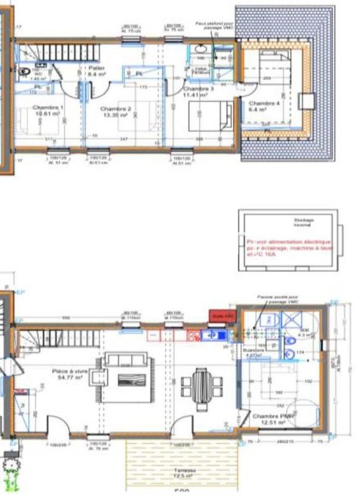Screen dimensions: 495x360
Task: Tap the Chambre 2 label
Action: [114, 112]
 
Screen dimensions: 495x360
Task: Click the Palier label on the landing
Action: [96, 71]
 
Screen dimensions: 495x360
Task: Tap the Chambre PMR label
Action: [273, 419]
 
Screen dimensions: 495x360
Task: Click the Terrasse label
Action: [183, 471]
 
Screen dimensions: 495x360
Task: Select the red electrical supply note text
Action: [288, 247]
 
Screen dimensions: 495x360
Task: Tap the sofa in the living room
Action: [125, 359]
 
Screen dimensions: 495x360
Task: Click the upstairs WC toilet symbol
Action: [25, 72]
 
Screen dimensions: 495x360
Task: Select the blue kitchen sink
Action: [215, 335]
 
